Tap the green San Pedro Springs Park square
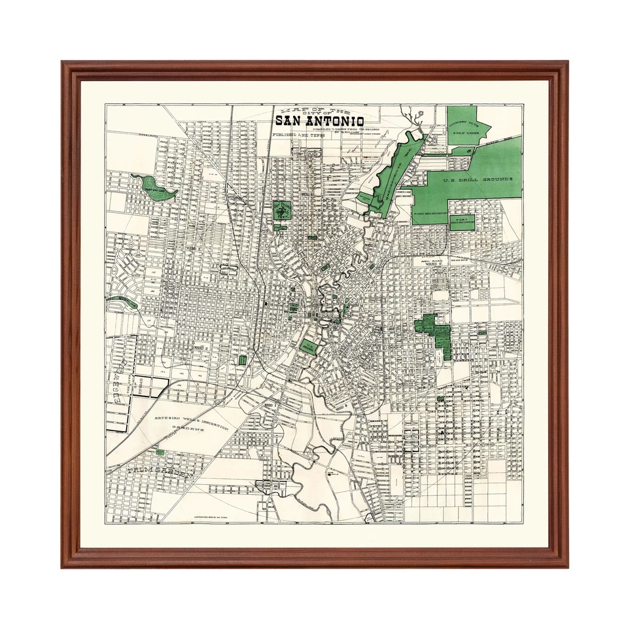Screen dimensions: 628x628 click(x=282, y=211)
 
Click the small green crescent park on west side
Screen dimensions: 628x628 click(x=121, y=302)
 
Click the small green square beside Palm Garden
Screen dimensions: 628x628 click(x=160, y=451)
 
